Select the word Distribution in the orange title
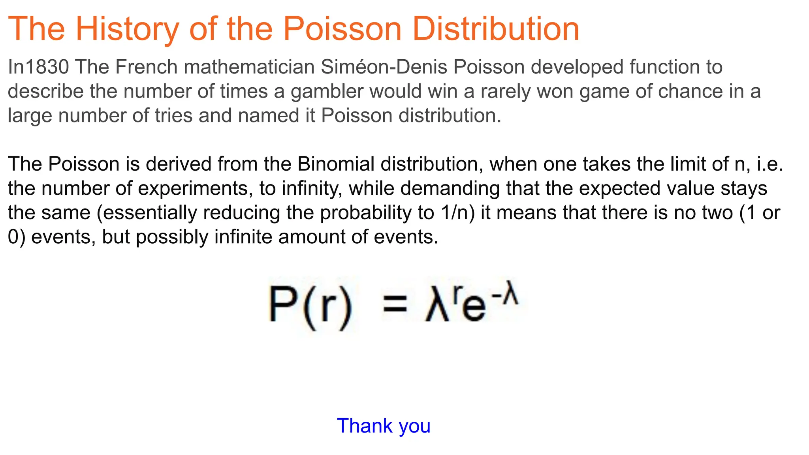coord(495,29)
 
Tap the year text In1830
coord(38,67)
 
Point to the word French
coord(146,67)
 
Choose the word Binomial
coord(336,164)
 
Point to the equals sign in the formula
coord(395,305)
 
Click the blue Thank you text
coord(384,426)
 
